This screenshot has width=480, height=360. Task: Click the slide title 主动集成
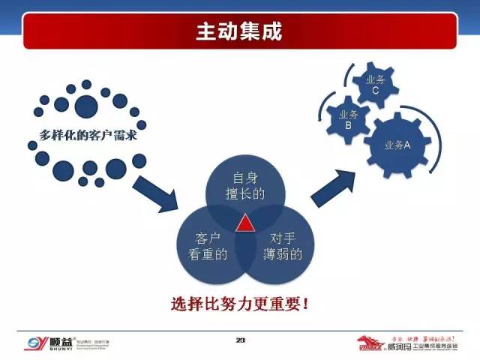[240, 32]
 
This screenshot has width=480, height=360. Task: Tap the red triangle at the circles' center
[245, 223]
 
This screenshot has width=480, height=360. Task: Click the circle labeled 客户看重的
[208, 246]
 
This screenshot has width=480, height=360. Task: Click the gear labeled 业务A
[397, 145]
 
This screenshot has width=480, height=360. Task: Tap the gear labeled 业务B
[348, 120]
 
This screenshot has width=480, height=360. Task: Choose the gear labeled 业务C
[375, 85]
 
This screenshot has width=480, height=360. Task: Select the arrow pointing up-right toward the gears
[334, 187]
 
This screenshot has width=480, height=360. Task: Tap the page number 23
[241, 340]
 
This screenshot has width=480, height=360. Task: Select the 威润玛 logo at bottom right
[416, 343]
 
